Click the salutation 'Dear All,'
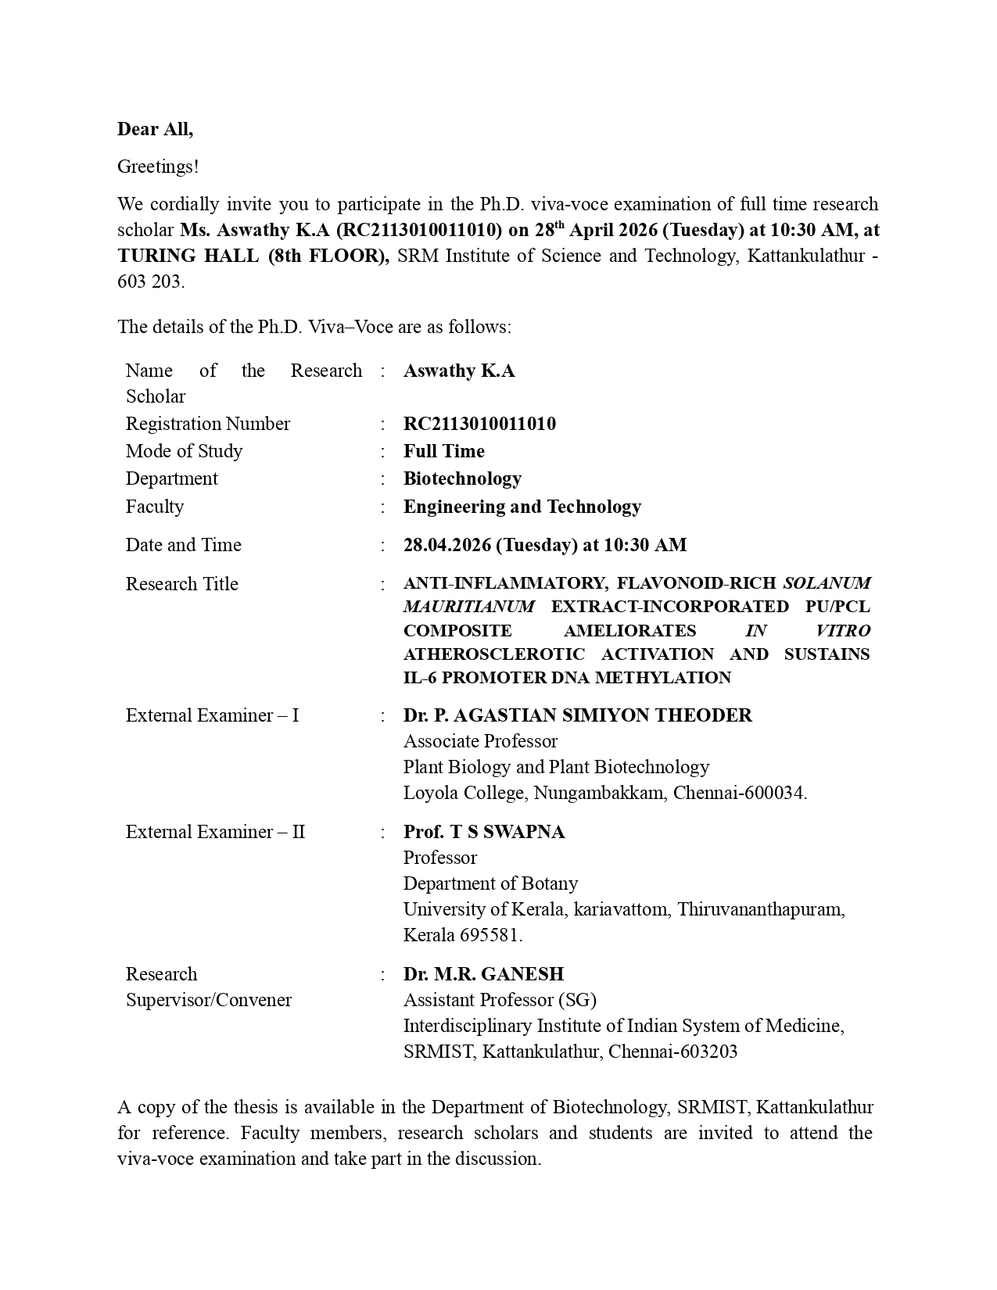click(155, 130)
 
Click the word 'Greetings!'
click(158, 167)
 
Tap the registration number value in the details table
click(479, 424)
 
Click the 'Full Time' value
click(443, 451)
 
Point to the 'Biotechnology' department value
click(462, 478)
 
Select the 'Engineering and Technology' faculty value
click(522, 507)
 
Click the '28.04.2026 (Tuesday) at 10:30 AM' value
click(545, 545)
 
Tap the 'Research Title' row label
click(181, 584)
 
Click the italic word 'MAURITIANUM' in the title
click(469, 607)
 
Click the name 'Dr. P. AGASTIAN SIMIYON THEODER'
click(577, 715)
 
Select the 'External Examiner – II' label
click(215, 832)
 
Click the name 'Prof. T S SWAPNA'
click(483, 832)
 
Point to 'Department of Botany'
click(490, 883)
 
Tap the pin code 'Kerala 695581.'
click(463, 935)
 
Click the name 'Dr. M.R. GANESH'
click(483, 974)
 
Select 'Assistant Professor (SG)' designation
click(500, 1000)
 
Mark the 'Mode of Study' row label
click(184, 451)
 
